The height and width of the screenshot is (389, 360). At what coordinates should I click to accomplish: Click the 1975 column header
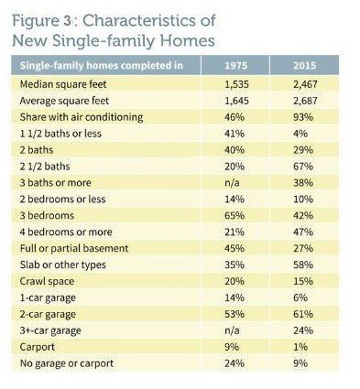click(235, 66)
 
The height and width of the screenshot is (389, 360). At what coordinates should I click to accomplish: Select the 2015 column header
click(304, 66)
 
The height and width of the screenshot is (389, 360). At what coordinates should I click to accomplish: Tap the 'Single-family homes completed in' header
click(102, 66)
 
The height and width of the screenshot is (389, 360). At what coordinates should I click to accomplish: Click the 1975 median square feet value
click(236, 84)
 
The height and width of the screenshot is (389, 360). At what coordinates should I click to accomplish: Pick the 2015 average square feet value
click(305, 101)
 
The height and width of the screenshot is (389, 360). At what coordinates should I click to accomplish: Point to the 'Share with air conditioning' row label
click(82, 117)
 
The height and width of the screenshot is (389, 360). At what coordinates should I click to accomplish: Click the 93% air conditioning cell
click(303, 117)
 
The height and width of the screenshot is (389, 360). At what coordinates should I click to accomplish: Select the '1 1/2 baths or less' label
click(60, 134)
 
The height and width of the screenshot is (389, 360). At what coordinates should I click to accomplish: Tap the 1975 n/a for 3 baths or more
click(232, 183)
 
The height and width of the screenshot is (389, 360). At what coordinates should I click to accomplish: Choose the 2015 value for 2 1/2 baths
click(303, 167)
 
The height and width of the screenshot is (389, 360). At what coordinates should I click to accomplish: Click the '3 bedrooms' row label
click(47, 216)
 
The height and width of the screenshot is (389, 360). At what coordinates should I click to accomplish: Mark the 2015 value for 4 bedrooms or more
click(303, 232)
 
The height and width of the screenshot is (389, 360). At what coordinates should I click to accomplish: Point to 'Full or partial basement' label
click(74, 248)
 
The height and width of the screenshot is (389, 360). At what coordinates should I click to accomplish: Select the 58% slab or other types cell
click(303, 265)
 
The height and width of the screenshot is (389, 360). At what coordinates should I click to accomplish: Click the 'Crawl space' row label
click(47, 281)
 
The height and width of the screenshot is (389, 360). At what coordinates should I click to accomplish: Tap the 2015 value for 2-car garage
click(303, 314)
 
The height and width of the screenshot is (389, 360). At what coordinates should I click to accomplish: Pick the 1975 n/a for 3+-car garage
click(232, 330)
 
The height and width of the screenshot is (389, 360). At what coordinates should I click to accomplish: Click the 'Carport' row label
click(38, 347)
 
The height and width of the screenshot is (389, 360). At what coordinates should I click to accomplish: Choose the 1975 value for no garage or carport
click(235, 363)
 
